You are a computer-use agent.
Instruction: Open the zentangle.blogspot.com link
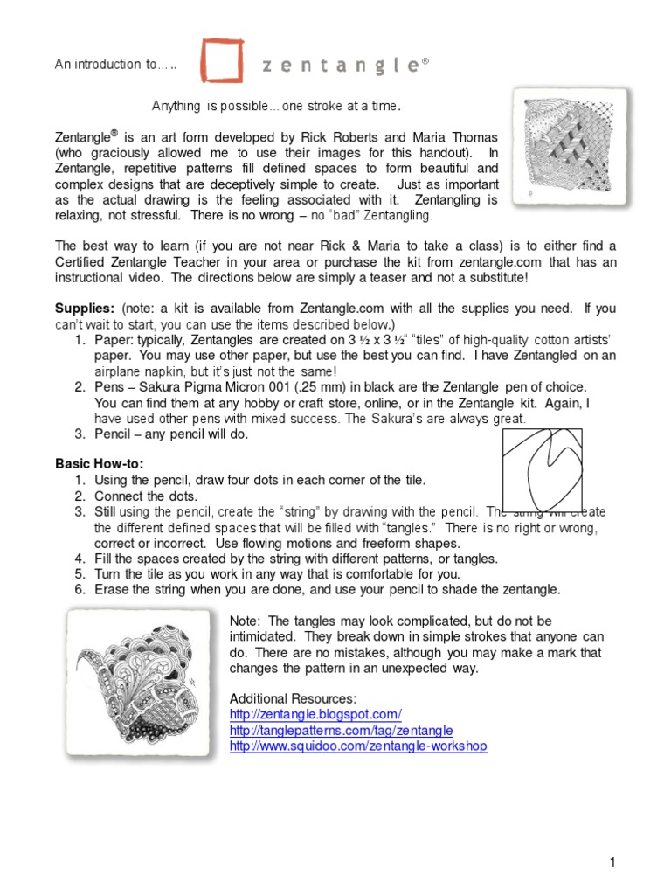tap(315, 714)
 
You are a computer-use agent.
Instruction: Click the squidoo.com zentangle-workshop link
tap(358, 746)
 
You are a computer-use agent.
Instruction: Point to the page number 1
tap(613, 863)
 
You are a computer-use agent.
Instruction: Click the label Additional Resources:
tap(293, 699)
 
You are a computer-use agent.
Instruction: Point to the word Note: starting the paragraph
tap(245, 621)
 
